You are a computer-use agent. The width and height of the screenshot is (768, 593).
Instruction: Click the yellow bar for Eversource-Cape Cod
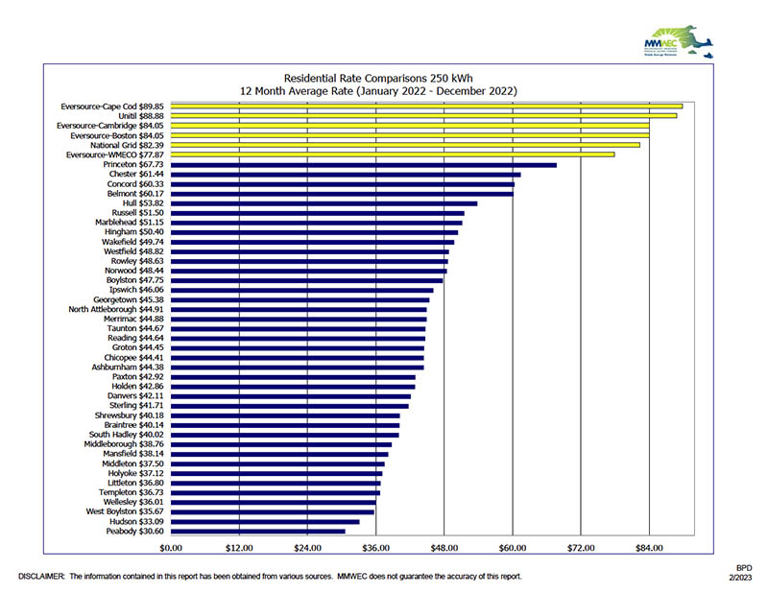426,107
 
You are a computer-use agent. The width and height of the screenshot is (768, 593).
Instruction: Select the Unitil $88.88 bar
423,116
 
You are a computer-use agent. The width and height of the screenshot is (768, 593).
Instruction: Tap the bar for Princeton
363,165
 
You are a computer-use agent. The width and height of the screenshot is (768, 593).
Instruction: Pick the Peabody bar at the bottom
257,531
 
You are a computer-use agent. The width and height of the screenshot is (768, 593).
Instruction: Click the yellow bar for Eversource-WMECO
392,154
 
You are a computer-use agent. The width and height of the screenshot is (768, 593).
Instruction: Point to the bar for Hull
324,203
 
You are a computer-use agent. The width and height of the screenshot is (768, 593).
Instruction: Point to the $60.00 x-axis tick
513,548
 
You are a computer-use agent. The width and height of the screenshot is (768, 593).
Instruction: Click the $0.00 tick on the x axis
171,548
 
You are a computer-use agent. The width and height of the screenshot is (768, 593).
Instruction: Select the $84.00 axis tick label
649,548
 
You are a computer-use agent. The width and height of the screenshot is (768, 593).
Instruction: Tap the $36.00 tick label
375,548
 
